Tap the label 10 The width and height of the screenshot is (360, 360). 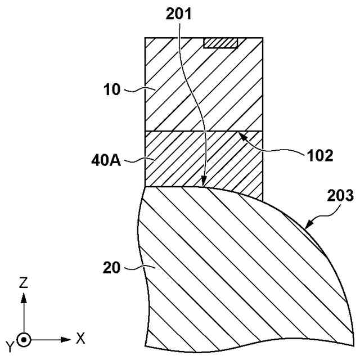click(113, 89)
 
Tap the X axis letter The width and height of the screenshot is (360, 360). click(80, 339)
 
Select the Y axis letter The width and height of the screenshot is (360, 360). click(10, 344)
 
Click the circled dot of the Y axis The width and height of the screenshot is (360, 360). click(24, 339)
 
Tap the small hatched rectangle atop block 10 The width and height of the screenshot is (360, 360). click(221, 43)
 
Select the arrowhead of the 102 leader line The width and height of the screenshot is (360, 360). click(241, 135)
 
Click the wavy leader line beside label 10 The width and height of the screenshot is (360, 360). click(134, 89)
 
